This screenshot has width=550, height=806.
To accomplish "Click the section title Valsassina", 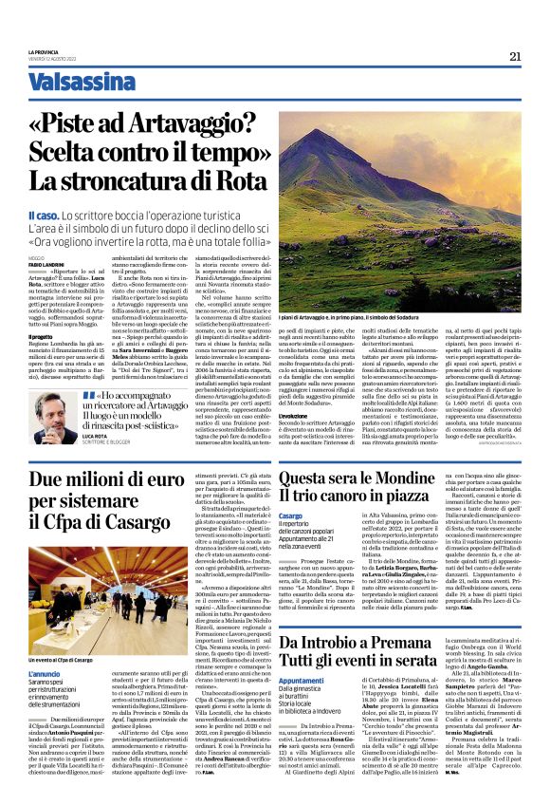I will [77, 84].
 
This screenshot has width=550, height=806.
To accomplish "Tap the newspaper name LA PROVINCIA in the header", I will [42, 52].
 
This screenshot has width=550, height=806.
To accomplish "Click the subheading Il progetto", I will [40, 336].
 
